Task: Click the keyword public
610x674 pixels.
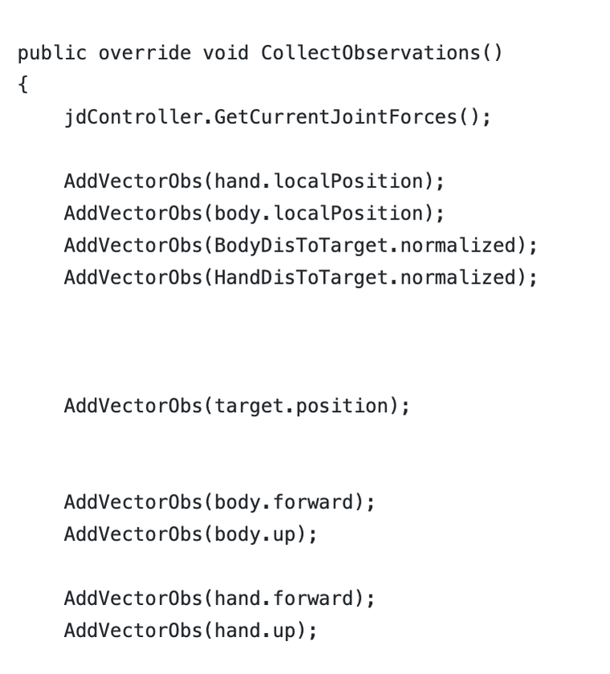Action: (52, 54)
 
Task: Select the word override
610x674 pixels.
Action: (145, 53)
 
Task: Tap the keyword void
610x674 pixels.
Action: (226, 53)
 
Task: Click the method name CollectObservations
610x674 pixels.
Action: (371, 53)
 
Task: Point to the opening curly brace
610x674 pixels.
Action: (23, 84)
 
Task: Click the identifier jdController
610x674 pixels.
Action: (133, 117)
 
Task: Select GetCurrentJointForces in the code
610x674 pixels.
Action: (336, 117)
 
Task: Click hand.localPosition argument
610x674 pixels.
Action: (319, 181)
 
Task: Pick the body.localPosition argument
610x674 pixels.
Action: (319, 213)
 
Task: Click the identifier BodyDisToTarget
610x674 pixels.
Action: (301, 246)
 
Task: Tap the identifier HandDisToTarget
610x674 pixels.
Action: (301, 278)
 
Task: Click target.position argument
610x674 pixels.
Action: (301, 406)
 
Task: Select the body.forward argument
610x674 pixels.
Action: (285, 503)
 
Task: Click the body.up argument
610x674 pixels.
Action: (255, 535)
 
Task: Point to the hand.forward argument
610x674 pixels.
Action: (285, 598)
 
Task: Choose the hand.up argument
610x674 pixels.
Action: (255, 631)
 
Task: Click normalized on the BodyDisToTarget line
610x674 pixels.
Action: (458, 246)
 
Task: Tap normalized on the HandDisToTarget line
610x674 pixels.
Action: (458, 278)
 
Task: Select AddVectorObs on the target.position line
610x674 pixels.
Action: (133, 406)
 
